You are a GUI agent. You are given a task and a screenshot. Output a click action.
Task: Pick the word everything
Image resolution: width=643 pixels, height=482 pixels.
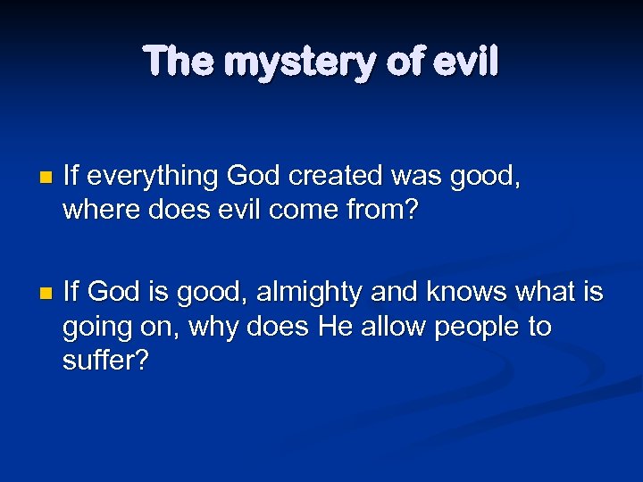(x=153, y=178)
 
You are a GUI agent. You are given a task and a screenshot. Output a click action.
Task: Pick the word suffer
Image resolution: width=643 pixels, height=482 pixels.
(x=101, y=361)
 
